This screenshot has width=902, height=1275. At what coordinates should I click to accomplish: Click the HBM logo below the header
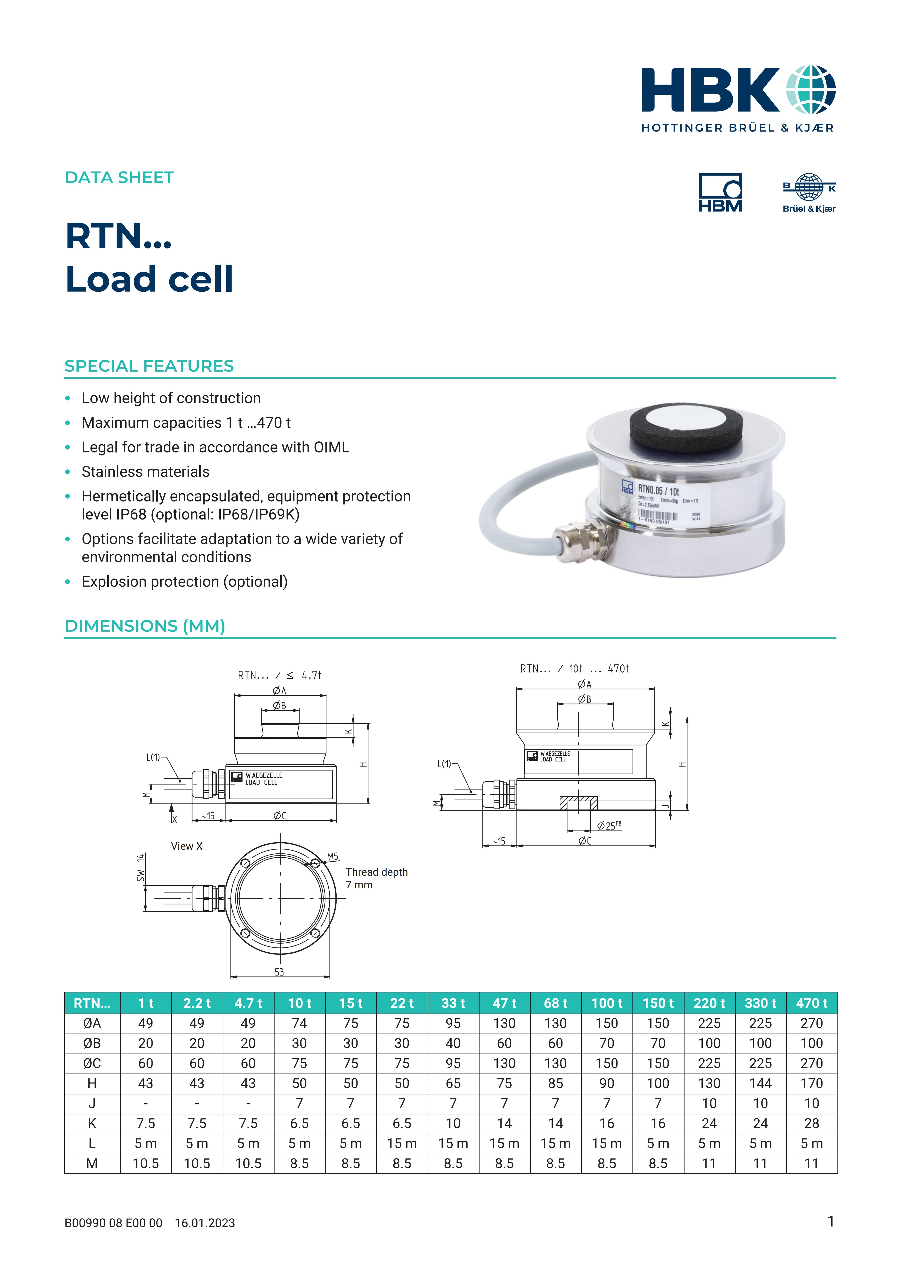(x=720, y=193)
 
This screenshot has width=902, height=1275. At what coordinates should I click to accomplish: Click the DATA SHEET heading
(x=119, y=178)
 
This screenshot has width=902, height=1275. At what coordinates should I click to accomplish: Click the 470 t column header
(x=812, y=1003)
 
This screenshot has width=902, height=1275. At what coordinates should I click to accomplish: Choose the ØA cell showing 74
(x=299, y=1023)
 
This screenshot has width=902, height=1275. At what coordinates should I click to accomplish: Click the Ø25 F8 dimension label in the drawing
(x=609, y=826)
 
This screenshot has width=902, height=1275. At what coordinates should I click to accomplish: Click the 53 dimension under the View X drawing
(x=279, y=972)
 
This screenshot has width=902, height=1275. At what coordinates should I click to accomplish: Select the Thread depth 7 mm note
(x=377, y=878)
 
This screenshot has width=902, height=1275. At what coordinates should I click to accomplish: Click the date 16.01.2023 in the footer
(x=205, y=1238)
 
